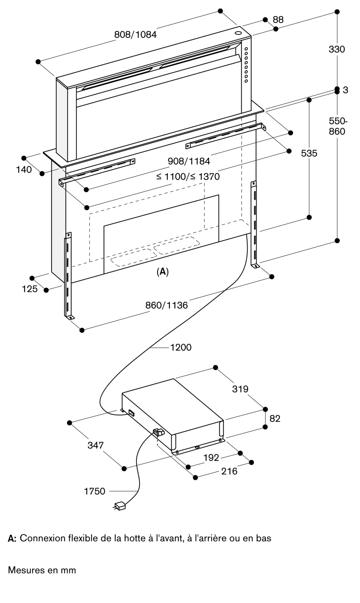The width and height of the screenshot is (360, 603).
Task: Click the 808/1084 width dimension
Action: (x=135, y=35)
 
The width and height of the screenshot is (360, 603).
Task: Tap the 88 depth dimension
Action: (x=278, y=20)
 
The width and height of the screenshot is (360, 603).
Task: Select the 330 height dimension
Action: (x=336, y=49)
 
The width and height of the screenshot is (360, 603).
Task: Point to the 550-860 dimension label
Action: (x=337, y=126)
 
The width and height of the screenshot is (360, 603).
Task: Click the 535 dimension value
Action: (x=309, y=153)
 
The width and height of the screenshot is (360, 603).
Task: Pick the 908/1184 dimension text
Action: (x=189, y=161)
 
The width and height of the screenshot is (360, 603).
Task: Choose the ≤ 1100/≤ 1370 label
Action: (x=188, y=176)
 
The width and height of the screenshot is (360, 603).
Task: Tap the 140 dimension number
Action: (x=24, y=170)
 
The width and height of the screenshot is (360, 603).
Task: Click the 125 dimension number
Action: (x=30, y=289)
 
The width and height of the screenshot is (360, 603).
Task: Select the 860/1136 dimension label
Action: (x=166, y=305)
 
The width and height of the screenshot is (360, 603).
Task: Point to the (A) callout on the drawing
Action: (x=163, y=272)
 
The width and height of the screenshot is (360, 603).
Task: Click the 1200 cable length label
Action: (x=181, y=347)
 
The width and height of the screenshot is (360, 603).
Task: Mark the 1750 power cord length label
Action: (x=94, y=491)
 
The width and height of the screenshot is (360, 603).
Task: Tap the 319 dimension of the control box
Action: (x=240, y=389)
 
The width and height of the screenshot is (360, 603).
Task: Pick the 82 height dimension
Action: (x=275, y=418)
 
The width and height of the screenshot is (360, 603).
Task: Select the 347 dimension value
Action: (x=95, y=445)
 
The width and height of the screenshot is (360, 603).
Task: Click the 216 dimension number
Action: (x=229, y=471)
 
